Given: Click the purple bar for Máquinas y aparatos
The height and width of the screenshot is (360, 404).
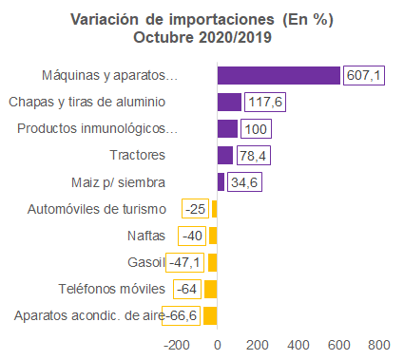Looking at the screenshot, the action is coord(279,75).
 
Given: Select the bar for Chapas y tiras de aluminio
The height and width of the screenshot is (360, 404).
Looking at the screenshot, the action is coord(229,102).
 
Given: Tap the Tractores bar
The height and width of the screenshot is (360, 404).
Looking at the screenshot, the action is coord(225,156).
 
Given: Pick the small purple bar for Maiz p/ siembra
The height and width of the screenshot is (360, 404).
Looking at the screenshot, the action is coord(221,182).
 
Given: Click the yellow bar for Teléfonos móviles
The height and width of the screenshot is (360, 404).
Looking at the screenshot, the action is coord(211,289).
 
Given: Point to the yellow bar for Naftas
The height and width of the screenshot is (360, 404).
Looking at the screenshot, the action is coord(213,236).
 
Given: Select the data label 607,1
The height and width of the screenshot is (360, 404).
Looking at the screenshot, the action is coord(364,75).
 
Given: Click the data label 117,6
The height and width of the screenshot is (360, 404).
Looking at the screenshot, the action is coord(265,102).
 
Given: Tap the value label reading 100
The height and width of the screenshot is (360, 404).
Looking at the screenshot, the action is coord(256,129).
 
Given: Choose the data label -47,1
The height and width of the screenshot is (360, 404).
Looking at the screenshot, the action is coord(184,262).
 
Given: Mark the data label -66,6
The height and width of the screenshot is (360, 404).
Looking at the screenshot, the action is coord(181,315).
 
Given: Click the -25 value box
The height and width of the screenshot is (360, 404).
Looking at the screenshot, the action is coord(195,209).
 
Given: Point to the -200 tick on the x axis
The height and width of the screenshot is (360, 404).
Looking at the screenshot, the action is coord(177,345).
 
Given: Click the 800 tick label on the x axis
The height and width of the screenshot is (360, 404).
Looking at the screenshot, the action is coord(379,345).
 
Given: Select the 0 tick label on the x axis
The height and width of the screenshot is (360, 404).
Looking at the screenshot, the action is coord(218,345).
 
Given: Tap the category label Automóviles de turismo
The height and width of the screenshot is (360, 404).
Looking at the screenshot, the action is coord(97,209).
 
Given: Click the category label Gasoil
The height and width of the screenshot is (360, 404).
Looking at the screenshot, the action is coord(146,262).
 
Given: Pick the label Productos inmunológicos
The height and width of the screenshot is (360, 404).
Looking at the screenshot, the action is coord(97,129).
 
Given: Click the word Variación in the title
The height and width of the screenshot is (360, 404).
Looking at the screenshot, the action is coord(105,20).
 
